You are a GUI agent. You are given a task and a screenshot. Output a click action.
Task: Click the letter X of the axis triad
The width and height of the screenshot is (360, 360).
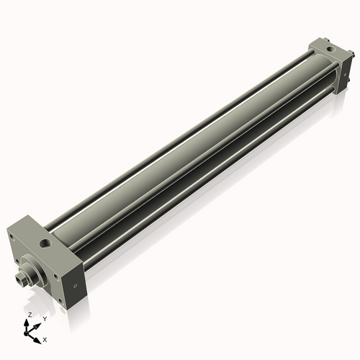(x=45, y=338)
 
